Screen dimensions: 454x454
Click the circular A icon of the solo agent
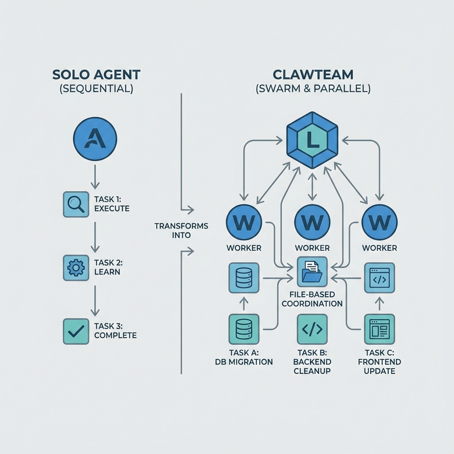pos(95,139)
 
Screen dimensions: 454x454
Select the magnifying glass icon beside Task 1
pos(76,204)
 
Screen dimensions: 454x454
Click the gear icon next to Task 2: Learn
pos(76,267)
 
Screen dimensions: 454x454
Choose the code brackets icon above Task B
pos(311,330)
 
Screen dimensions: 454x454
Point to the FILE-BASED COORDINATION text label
pos(311,299)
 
